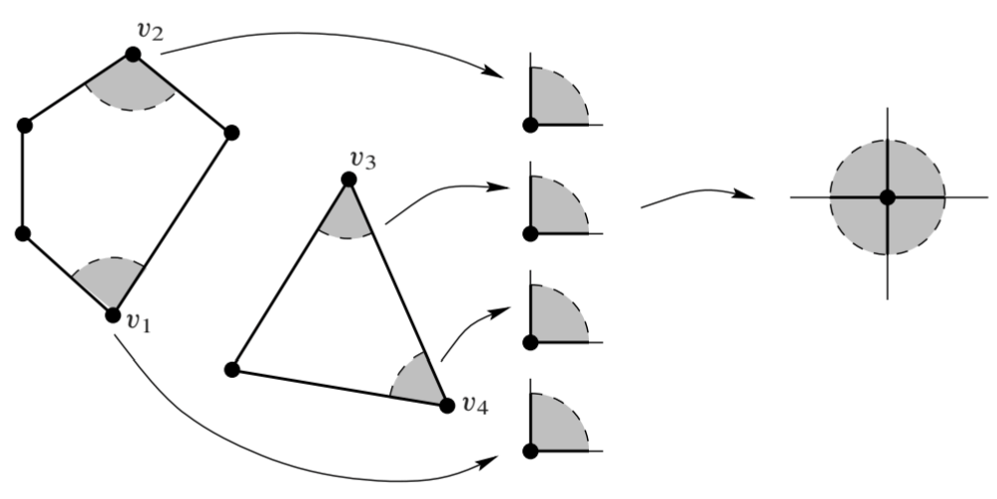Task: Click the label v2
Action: [150, 30]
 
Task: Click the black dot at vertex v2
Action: [133, 54]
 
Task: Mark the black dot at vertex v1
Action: [112, 314]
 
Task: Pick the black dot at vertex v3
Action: [349, 179]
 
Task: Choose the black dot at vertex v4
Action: [444, 404]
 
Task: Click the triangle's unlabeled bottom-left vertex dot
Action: [232, 370]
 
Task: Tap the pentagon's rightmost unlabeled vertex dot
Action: [231, 132]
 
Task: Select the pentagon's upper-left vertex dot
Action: [24, 125]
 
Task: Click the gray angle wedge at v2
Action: [132, 84]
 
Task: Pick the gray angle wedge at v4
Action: [416, 382]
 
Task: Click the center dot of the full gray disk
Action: [887, 197]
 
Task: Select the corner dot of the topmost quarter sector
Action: [531, 124]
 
